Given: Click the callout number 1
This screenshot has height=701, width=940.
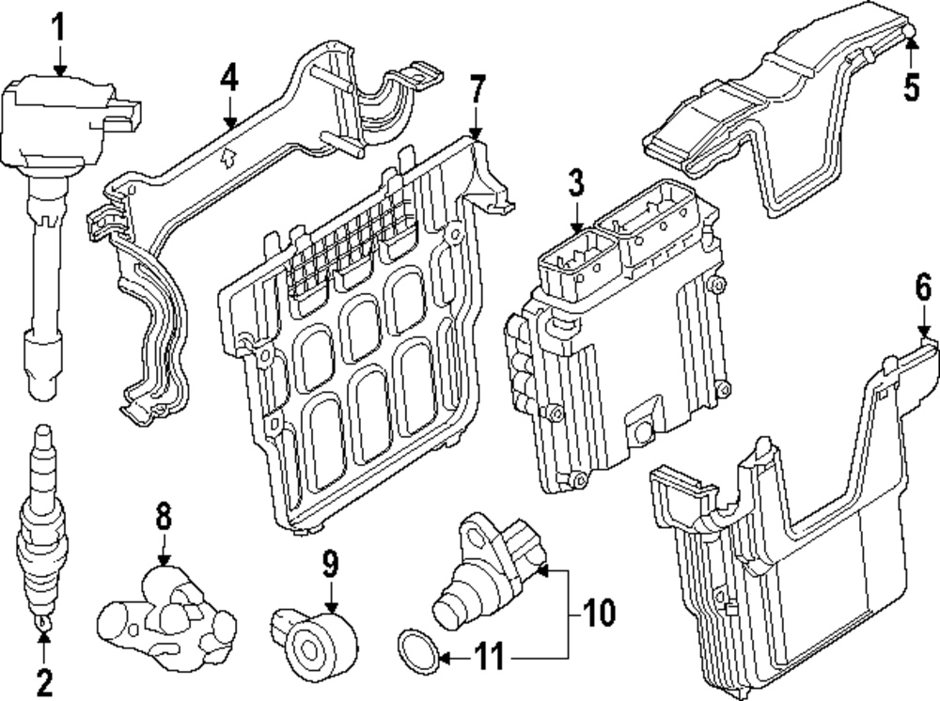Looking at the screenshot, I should point(59,27).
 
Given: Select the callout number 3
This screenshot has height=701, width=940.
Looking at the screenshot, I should point(576,184).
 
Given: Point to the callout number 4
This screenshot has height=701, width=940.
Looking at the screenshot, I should point(229,80).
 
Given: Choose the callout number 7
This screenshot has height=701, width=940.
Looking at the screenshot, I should point(478,91).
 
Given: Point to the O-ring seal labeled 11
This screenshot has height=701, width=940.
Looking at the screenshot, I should point(415,651).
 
